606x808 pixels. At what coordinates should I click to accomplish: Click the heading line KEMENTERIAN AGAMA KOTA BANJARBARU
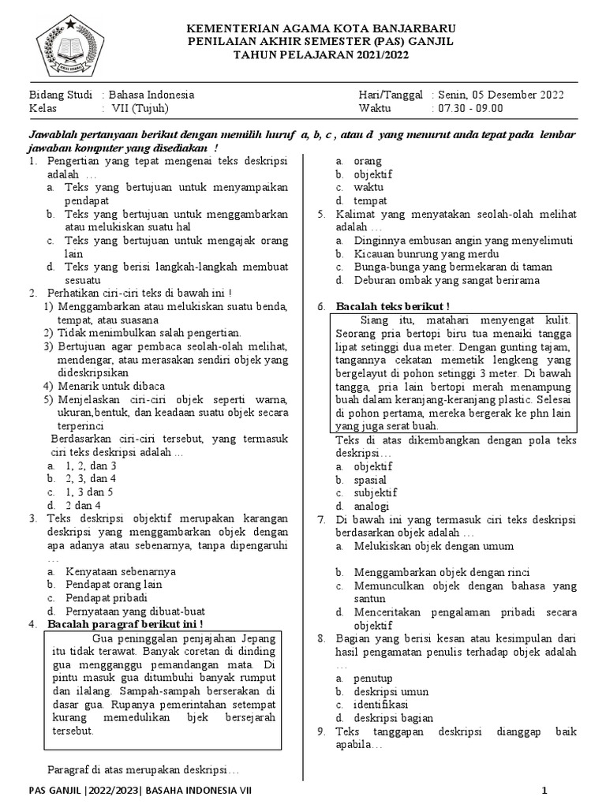coord(320,28)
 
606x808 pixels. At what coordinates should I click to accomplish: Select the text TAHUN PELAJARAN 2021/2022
coord(320,55)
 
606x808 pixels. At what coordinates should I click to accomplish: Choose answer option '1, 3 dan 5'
coord(91,492)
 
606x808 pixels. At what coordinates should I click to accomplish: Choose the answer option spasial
coord(370,480)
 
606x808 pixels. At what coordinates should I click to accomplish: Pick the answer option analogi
coord(371,506)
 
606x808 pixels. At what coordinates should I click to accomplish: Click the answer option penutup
coord(372,678)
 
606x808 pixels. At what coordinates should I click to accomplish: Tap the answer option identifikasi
coord(380,704)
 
